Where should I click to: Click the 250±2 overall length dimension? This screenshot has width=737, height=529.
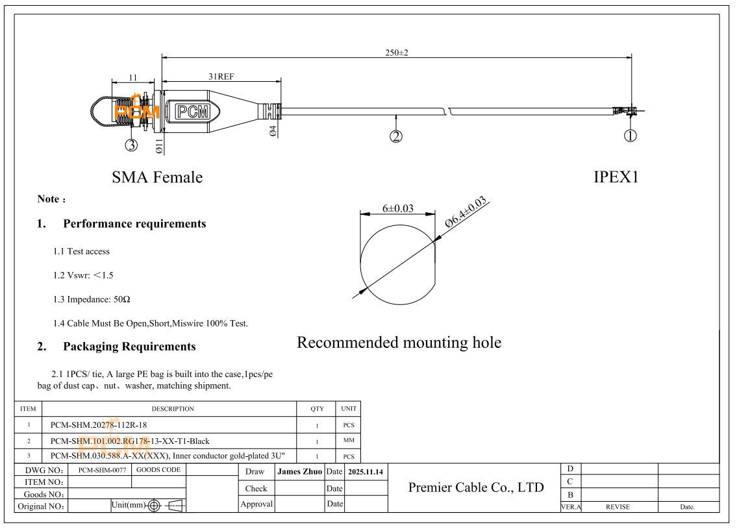pos(397,53)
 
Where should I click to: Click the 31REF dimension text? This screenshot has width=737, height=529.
pos(221,76)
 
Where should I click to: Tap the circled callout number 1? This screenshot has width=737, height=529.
pos(630,136)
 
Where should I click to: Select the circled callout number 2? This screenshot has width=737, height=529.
pos(396,136)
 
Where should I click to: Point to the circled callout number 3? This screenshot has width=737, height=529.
pos(131,145)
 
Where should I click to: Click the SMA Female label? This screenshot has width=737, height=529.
pos(157,177)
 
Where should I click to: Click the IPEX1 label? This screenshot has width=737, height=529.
pos(616,177)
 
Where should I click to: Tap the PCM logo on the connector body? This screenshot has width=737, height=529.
pos(193,112)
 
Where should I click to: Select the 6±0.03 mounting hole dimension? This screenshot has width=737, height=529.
pos(397,208)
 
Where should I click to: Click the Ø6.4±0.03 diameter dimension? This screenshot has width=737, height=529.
pos(466,212)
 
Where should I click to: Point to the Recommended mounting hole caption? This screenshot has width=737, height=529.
pos(399,342)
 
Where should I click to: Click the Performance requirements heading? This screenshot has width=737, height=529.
pos(134,224)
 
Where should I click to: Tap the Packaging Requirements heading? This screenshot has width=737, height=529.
pos(129,347)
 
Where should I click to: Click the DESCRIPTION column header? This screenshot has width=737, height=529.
pos(173,409)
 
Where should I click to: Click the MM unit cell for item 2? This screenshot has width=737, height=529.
pos(349,441)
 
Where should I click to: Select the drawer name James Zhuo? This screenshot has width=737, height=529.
pos(299,472)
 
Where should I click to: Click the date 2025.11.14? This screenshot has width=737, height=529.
pos(366,472)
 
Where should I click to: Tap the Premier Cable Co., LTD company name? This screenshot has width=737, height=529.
pos(475,487)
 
